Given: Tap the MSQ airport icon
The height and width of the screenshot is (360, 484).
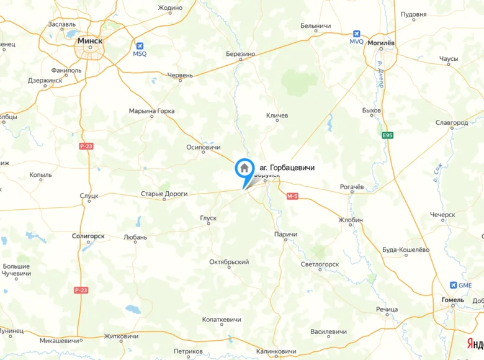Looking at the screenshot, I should pos(140,46).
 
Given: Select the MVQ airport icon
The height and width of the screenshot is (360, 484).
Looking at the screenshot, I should pos(356,34).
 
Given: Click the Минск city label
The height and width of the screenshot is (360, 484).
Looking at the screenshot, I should pos(90,40).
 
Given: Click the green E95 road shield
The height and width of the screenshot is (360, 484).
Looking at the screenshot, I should pos(388,135).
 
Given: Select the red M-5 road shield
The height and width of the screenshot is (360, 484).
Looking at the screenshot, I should pos(293,196).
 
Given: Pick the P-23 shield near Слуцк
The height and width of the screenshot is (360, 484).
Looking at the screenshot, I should pos(86,146).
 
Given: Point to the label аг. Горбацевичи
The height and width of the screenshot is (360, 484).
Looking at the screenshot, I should pos(287,168).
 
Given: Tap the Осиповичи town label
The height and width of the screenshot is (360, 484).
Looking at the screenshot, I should pos(204,148).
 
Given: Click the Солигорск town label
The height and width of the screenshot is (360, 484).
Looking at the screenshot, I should pos(88,236).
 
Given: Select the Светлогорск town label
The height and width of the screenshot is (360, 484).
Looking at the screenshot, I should pos(320,264).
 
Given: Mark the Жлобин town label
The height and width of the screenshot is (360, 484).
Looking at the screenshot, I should pos(351,220).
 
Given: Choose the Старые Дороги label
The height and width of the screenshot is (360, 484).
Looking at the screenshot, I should pos(164,194).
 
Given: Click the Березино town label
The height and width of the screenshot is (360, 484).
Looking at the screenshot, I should pos(241,54).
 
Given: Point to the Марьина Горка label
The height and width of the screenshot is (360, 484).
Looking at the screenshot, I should pos(151,111).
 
